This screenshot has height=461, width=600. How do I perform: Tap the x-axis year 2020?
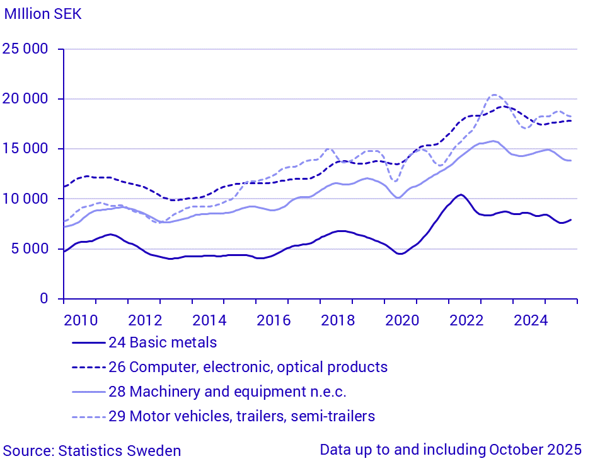(401, 320)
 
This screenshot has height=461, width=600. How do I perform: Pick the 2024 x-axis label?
(530, 320)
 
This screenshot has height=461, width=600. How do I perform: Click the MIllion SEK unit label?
(43, 13)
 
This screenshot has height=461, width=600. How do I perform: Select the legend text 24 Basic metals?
(163, 343)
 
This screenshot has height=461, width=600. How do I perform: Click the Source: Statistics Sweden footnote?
(92, 451)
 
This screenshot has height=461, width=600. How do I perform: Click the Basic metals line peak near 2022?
(461, 194)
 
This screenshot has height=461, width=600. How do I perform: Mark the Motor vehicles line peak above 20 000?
(495, 95)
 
